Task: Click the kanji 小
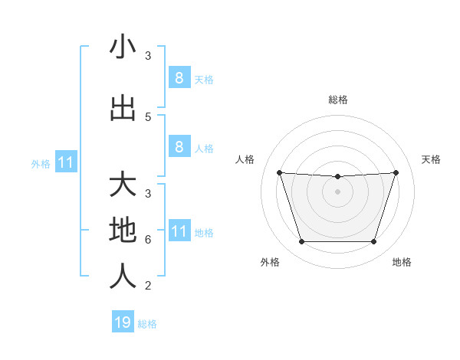[123, 47]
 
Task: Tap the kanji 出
[123, 108]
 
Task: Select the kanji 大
[123, 185]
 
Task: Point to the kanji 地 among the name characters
[123, 229]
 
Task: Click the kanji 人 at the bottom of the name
[123, 277]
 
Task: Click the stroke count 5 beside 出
[148, 116]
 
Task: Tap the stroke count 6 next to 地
[148, 239]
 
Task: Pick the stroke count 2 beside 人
[148, 286]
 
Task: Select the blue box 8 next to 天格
[179, 77]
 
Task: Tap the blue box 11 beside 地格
[179, 231]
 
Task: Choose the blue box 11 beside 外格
[65, 162]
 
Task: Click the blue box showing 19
[123, 322]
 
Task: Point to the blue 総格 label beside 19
[147, 324]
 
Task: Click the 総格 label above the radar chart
[337, 100]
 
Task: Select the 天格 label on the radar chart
[431, 159]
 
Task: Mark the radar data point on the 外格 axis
[301, 242]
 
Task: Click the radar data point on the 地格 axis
[373, 242]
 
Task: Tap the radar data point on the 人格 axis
[279, 172]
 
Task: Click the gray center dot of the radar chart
[337, 191]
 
